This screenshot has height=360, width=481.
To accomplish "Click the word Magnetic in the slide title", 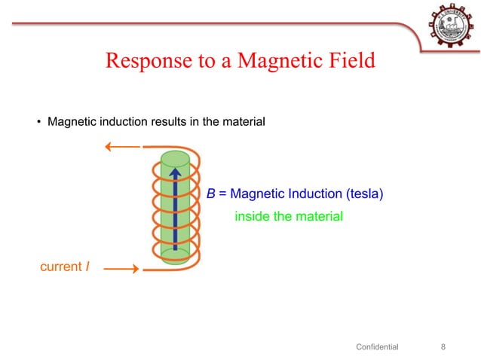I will point(274,60).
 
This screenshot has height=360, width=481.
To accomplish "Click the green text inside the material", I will point(289,217).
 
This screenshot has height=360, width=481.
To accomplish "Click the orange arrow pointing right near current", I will point(120,267).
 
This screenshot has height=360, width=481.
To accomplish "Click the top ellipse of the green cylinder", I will point(175,159).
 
